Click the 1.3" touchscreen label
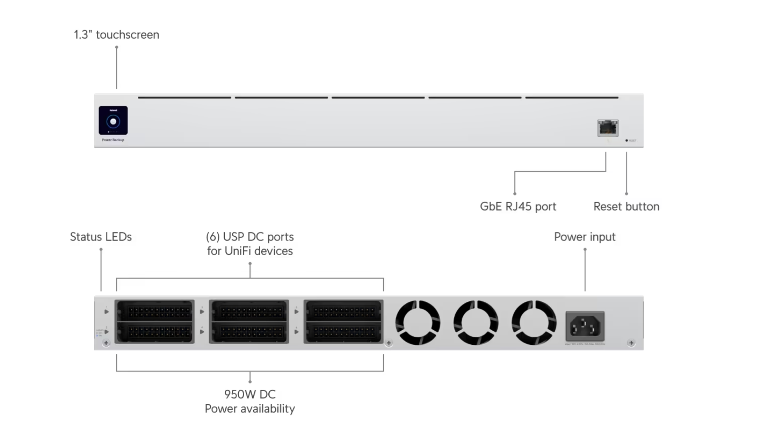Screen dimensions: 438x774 (x=116, y=35)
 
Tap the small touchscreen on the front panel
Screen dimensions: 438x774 (x=113, y=121)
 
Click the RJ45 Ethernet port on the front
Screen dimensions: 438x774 (x=608, y=128)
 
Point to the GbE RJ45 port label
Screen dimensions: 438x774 (x=518, y=206)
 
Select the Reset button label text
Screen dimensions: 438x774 (x=626, y=206)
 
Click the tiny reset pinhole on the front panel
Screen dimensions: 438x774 (x=627, y=140)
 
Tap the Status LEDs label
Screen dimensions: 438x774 (x=101, y=237)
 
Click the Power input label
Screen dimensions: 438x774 (x=585, y=237)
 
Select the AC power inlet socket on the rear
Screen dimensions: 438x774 (x=585, y=326)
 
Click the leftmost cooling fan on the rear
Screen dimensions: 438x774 (x=418, y=323)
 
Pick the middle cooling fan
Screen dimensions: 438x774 (x=476, y=323)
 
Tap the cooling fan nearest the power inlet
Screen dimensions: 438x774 (x=534, y=323)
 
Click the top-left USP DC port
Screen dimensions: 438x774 (x=154, y=311)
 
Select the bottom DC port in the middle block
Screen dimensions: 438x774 (x=249, y=332)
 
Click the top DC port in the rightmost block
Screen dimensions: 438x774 (x=343, y=311)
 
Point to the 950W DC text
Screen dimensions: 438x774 (x=250, y=395)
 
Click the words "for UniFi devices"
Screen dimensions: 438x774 (x=250, y=251)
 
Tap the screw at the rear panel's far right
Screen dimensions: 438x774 (x=631, y=343)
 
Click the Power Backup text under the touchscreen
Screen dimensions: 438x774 (x=113, y=140)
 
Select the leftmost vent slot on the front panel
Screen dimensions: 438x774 (x=185, y=98)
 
